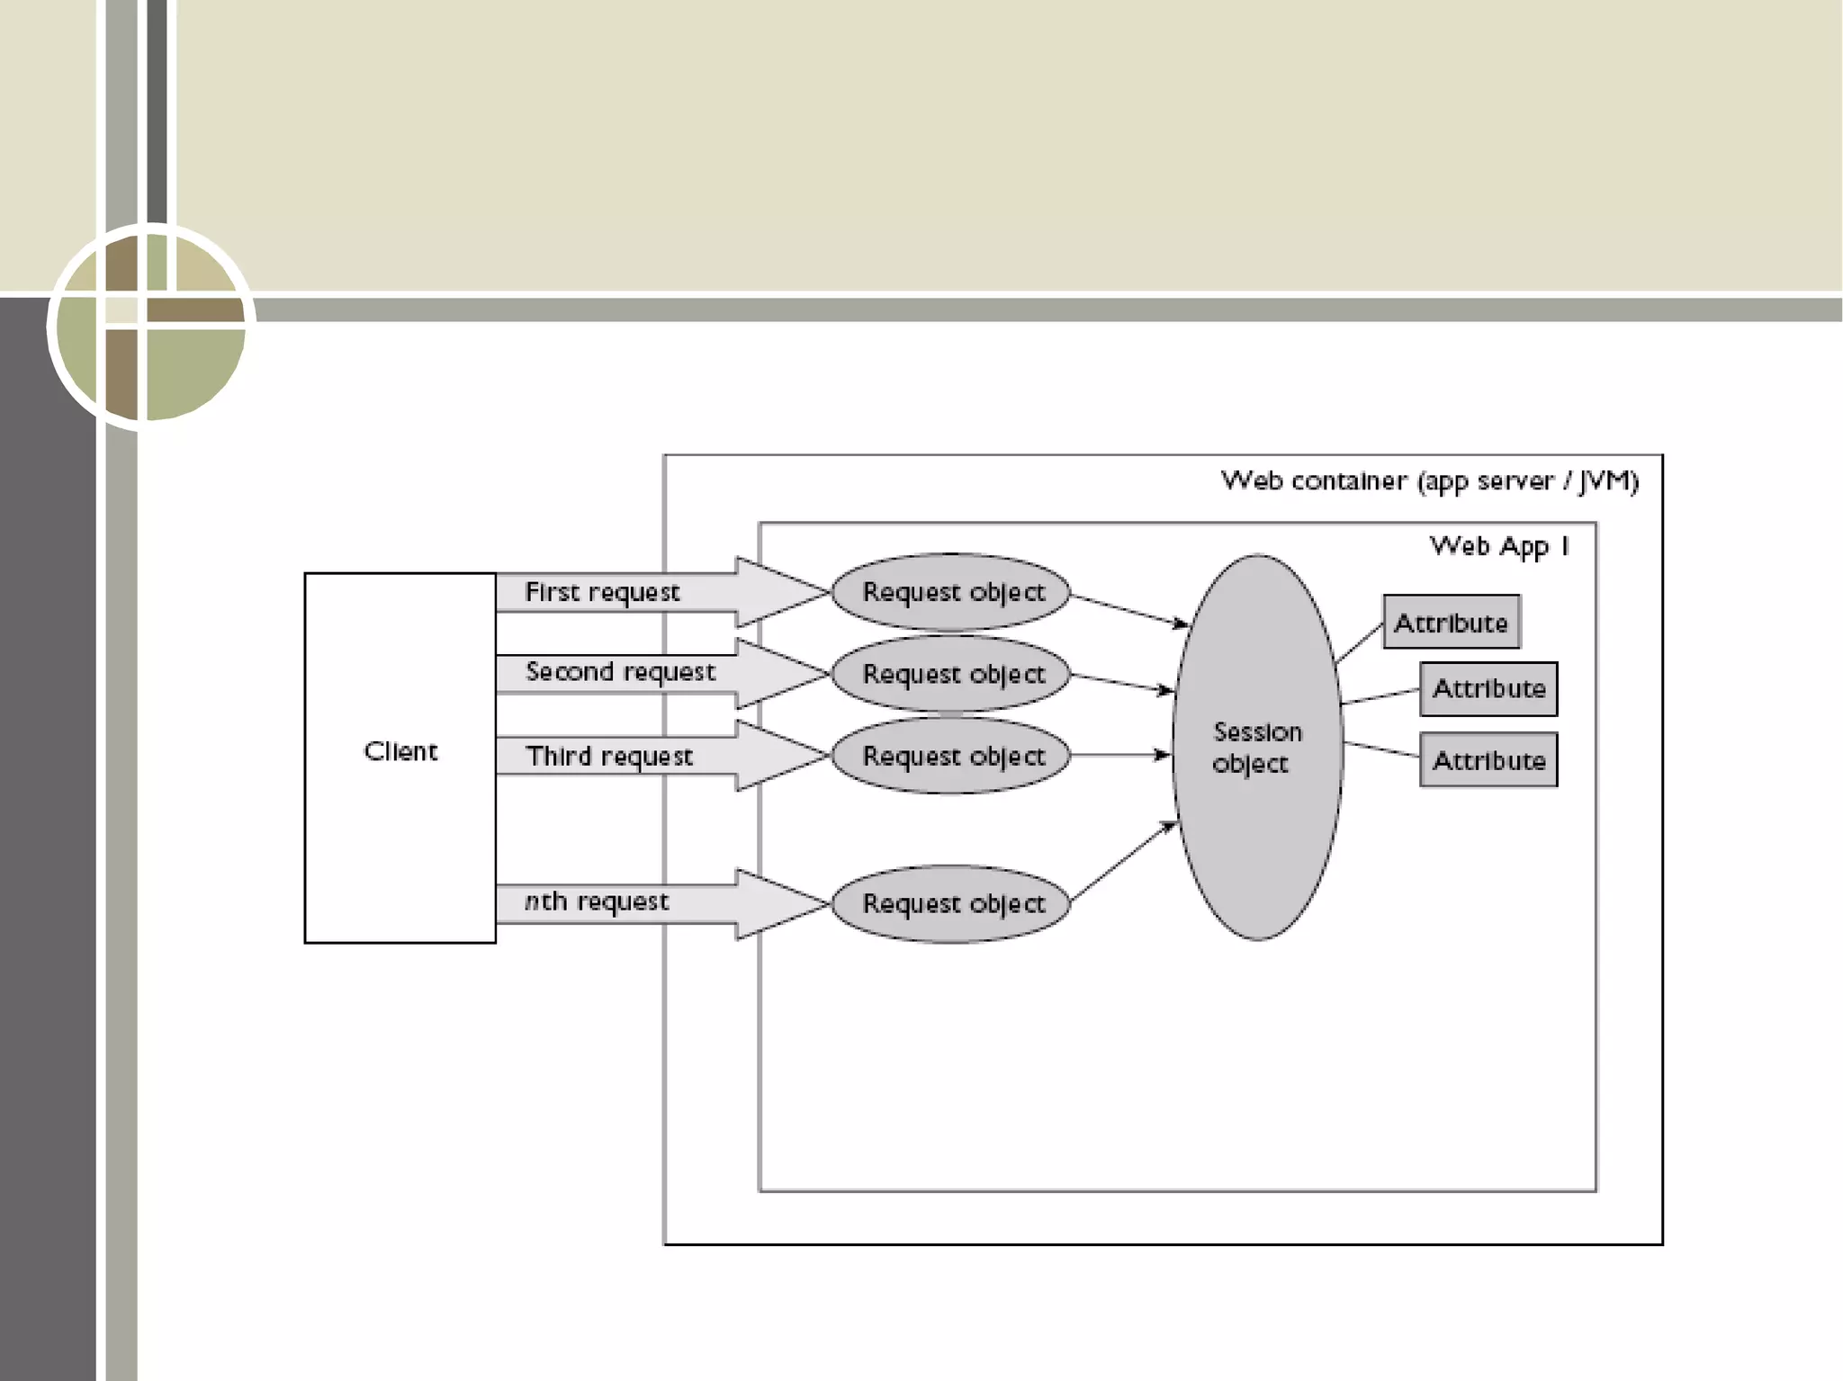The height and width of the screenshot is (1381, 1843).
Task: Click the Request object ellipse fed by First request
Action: pos(951,592)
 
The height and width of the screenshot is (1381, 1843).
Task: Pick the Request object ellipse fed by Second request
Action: pos(951,674)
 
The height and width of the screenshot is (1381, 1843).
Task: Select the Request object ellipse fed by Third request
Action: pos(951,756)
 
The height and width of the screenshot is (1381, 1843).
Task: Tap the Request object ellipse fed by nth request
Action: pos(951,903)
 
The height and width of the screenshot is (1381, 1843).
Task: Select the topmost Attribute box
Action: pos(1451,622)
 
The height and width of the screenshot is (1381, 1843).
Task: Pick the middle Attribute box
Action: pos(1488,689)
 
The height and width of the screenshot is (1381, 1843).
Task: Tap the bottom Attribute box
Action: pos(1488,760)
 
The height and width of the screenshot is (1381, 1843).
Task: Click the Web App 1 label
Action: pos(1499,546)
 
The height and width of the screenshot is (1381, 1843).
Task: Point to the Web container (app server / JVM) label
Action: pos(1429,481)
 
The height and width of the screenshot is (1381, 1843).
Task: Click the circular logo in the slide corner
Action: pos(151,326)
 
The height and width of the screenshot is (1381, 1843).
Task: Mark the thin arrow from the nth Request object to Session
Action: pos(1123,862)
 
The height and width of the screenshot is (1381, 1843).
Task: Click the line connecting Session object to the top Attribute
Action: pos(1360,642)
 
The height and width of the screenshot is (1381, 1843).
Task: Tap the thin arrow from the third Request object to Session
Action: pos(1120,755)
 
